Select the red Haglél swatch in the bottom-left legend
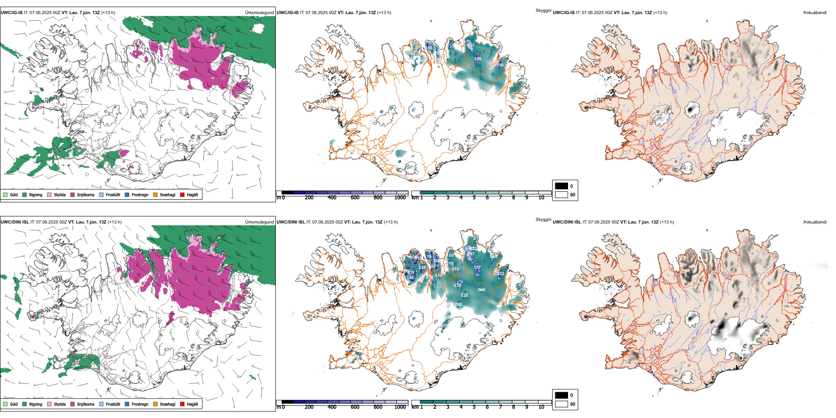pyautogui.click(x=182, y=404)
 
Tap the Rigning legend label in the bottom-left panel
pyautogui.click(x=36, y=404)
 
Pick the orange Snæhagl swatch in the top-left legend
pyautogui.click(x=155, y=194)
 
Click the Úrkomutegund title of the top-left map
pyautogui.click(x=259, y=12)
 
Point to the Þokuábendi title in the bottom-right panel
pyautogui.click(x=815, y=222)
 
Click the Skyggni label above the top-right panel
pyautogui.click(x=543, y=10)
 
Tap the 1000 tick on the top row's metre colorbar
pyautogui.click(x=400, y=198)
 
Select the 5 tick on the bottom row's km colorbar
pyautogui.click(x=474, y=407)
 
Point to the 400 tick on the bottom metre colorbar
pyautogui.click(x=332, y=407)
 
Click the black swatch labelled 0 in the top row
pyautogui.click(x=561, y=186)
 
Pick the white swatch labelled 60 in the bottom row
pyautogui.click(x=561, y=404)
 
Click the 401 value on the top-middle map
pyautogui.click(x=471, y=45)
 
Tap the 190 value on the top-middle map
pyautogui.click(x=501, y=65)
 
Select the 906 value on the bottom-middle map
pyautogui.click(x=481, y=290)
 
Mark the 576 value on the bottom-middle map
pyautogui.click(x=456, y=269)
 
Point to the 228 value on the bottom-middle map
pyautogui.click(x=422, y=268)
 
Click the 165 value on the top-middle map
pyautogui.click(x=429, y=48)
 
